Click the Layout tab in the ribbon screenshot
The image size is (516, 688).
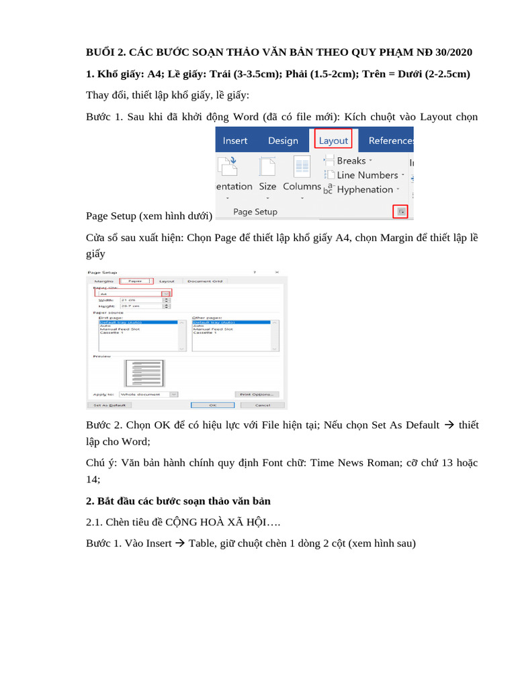pos(333,140)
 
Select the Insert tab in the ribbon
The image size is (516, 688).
pos(234,140)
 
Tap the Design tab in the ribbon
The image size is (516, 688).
pos(283,140)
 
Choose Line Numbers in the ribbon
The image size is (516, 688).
pos(367,175)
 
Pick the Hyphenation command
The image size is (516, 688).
pos(364,189)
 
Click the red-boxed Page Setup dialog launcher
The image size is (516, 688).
pos(400,212)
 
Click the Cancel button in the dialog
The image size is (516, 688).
pos(263,405)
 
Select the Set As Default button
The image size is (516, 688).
pos(110,405)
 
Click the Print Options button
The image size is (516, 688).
pos(257,394)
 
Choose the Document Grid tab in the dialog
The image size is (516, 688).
pos(204,281)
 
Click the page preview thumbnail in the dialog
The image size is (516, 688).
pos(144,374)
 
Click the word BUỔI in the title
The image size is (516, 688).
pos(101,52)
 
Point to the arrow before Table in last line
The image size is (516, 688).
pos(179,543)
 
